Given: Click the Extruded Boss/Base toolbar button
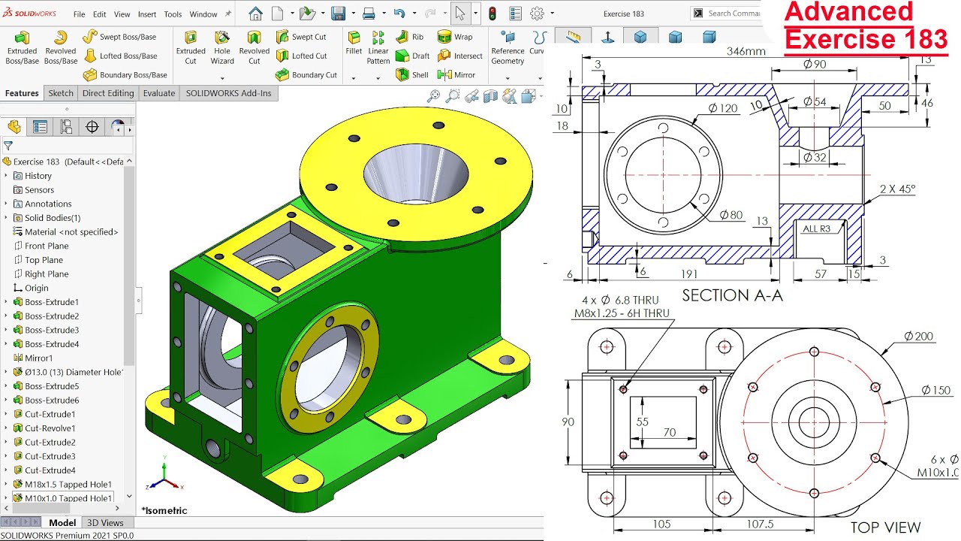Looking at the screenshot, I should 22,47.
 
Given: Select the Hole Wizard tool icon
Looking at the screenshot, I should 221,47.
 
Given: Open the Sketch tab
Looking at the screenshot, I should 61,93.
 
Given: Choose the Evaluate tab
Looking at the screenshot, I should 159,93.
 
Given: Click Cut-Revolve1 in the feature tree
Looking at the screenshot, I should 50,428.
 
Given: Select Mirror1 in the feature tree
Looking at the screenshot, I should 38,358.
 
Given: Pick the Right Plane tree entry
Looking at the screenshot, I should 46,274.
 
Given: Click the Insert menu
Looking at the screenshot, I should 147,14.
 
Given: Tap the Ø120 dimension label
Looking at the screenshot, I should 723,108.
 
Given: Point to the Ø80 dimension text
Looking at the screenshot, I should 731,216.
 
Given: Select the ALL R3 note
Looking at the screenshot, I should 816,229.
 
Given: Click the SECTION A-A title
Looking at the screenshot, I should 731,295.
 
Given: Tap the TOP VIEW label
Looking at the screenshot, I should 885,527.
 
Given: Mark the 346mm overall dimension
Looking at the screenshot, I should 746,51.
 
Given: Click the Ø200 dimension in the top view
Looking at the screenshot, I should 918,336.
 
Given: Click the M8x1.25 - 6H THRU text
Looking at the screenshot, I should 621,313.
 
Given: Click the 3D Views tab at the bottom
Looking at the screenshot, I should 105,522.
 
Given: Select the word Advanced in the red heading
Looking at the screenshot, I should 848,13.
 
